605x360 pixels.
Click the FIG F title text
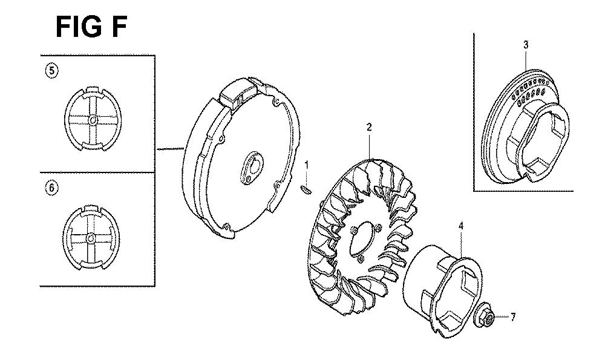tap(91, 27)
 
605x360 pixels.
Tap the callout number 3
tap(526, 45)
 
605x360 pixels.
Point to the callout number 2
tap(369, 127)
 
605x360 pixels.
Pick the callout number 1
tap(307, 165)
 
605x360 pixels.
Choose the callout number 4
tap(460, 226)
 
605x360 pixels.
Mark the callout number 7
tap(513, 317)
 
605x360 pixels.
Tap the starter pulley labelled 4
tap(442, 291)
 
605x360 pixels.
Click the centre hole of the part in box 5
tap(93, 120)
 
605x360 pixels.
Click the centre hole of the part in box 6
tap(91, 237)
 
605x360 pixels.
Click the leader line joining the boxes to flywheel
tap(169, 148)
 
